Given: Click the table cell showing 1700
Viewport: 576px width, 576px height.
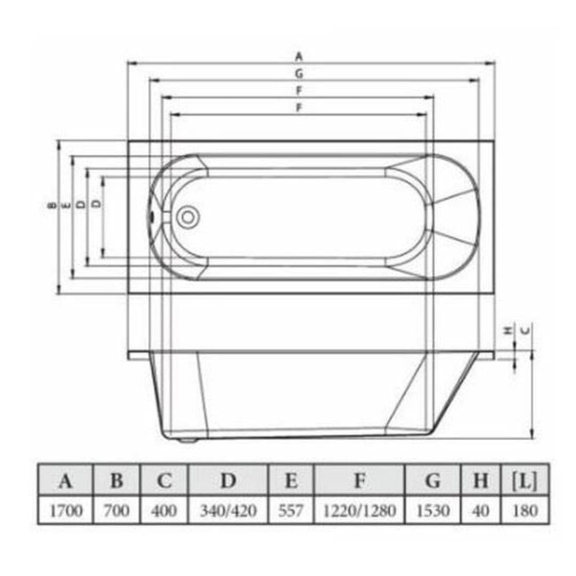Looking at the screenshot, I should click(66, 510).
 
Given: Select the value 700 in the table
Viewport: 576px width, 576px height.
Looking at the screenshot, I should click(116, 510).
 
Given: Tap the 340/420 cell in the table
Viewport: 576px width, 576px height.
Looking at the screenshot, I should click(228, 510).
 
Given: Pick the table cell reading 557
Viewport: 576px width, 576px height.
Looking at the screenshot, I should click(291, 510).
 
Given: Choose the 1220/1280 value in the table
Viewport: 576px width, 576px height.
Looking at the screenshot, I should click(359, 510).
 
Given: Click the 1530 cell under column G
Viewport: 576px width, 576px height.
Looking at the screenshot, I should click(433, 510).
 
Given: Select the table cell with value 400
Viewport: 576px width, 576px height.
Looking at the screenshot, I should click(164, 510).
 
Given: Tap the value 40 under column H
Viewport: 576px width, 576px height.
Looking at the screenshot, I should click(481, 510).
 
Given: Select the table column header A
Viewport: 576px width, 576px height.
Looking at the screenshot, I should click(66, 481).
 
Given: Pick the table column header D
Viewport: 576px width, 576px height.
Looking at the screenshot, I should click(228, 481).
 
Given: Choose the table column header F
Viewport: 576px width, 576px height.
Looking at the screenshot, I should click(359, 481).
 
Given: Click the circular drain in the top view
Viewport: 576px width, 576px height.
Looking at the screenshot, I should click(187, 217).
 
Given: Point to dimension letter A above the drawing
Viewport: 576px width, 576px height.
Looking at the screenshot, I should click(299, 55).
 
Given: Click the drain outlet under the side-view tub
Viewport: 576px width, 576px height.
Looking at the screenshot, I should click(187, 439).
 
